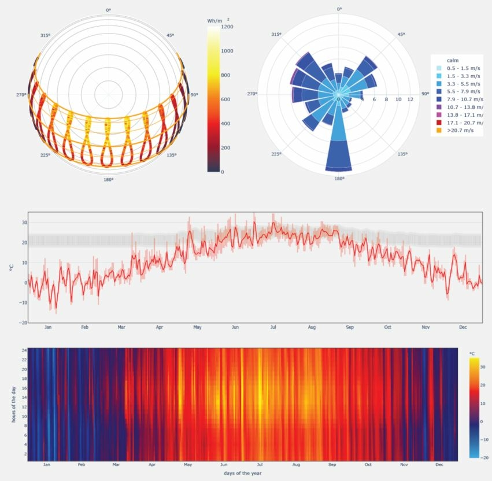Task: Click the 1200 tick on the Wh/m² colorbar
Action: [226, 27]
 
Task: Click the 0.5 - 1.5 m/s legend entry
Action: [459, 68]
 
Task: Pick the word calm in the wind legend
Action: [453, 61]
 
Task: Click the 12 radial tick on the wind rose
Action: [410, 99]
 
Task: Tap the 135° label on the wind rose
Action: [402, 154]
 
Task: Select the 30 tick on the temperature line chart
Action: [24, 223]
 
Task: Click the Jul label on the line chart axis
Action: [272, 328]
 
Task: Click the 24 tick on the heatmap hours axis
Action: [24, 350]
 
